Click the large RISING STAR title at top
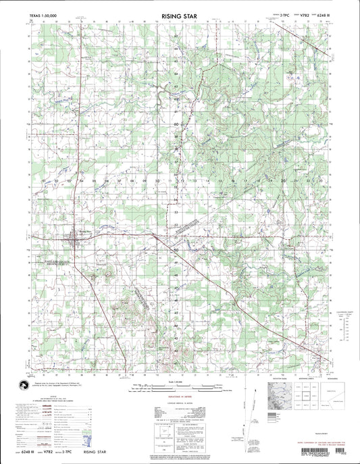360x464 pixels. [179, 13]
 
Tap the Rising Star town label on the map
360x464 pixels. [84, 230]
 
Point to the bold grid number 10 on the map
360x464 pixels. [157, 181]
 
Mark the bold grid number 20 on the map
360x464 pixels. [283, 181]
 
